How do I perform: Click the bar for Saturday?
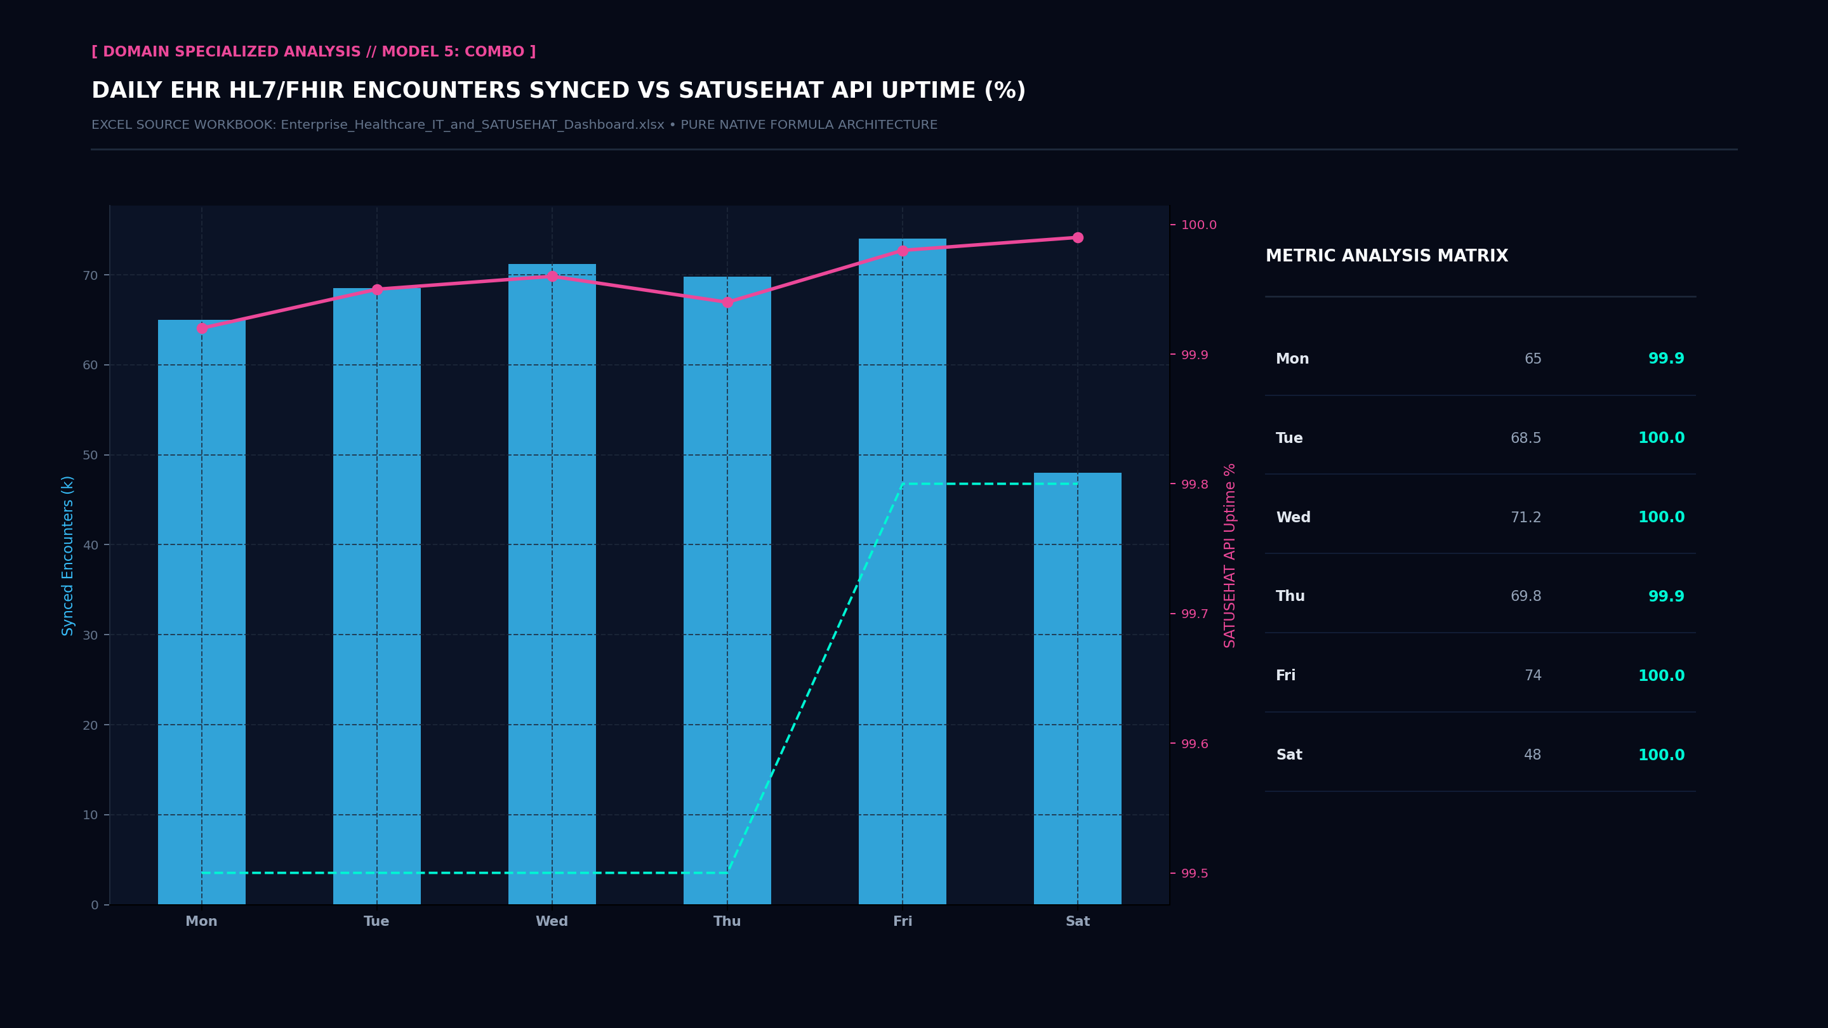1077,688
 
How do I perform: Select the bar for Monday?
202,612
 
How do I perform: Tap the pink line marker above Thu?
727,302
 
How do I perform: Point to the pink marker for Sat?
1078,238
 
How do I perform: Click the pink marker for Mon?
202,328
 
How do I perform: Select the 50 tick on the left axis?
90,456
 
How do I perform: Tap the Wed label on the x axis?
552,921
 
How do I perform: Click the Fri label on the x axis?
903,921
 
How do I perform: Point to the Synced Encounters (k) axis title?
68,555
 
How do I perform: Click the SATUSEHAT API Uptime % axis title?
1230,555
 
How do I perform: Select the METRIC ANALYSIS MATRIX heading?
1387,256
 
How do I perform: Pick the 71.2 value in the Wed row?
1526,518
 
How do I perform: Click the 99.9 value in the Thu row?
1666,596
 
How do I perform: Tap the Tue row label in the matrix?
1289,438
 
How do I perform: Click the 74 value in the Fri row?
1533,675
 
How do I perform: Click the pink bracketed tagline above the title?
314,52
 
